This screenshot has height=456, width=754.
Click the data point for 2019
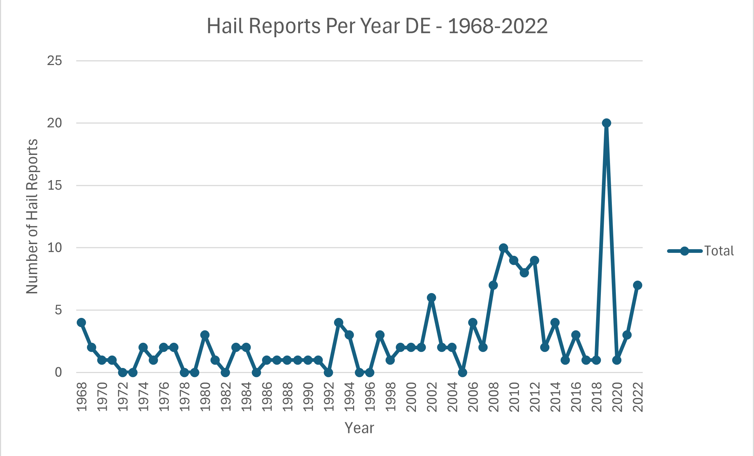[606, 123]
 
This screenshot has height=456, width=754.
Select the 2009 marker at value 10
[503, 248]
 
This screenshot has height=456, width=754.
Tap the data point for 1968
[81, 323]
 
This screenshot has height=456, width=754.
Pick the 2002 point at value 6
[431, 298]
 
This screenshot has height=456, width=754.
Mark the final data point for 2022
[637, 285]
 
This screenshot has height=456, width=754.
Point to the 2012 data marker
[534, 261]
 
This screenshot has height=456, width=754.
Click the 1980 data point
[205, 335]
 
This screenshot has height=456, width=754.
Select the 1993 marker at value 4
[338, 323]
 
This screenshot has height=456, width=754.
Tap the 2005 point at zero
[462, 373]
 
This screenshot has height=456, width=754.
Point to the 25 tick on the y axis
[54, 61]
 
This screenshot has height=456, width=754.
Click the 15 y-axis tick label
[54, 186]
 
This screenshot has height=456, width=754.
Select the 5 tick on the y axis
[58, 311]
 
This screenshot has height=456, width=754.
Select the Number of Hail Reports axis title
[32, 216]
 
